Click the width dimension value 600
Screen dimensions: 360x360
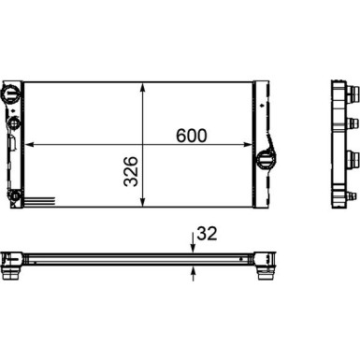190,135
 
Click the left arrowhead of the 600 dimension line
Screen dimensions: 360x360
30,144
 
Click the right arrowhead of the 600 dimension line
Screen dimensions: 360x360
253,144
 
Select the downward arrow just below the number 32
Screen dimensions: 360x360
192,247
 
